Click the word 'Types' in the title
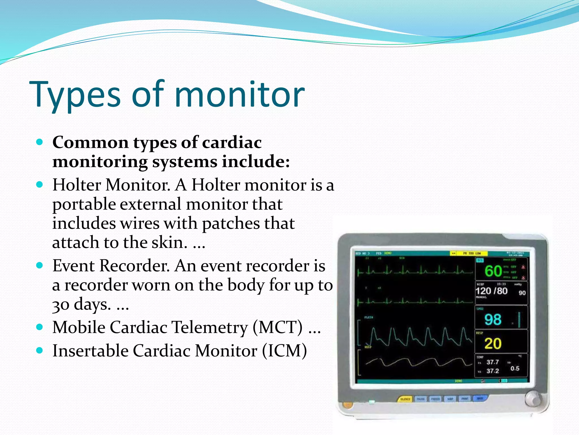[75, 95]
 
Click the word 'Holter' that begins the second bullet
[77, 185]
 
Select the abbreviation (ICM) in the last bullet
[284, 351]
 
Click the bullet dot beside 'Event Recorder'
[40, 266]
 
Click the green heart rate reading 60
[493, 271]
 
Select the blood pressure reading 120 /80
[491, 291]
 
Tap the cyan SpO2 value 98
[493, 320]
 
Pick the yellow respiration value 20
[493, 344]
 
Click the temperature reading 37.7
[492, 362]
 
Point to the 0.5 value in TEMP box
[515, 368]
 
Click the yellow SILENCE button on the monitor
[405, 399]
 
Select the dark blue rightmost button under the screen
[480, 398]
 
